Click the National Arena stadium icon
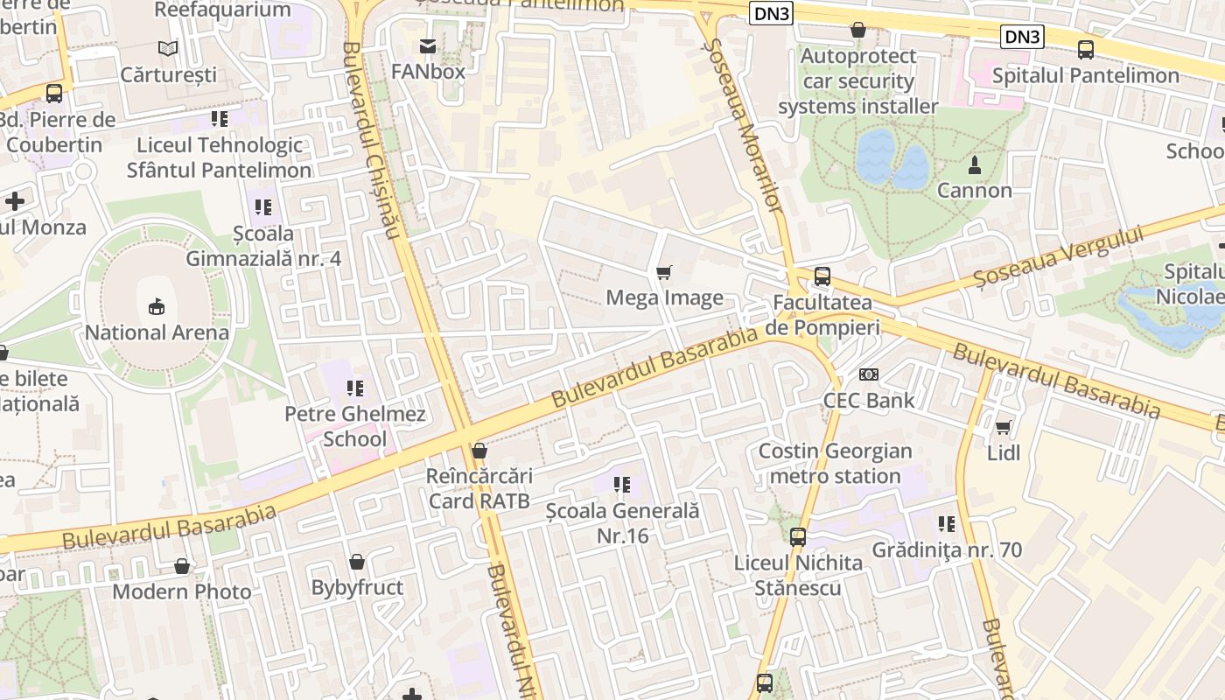(157, 306)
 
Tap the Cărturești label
(168, 74)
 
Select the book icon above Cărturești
(168, 49)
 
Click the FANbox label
(428, 71)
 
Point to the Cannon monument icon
(974, 164)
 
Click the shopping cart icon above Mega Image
(664, 272)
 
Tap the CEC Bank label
(868, 400)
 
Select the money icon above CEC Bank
(868, 374)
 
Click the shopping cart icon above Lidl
(1003, 428)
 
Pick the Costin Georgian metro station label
(835, 464)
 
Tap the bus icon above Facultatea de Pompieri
(822, 276)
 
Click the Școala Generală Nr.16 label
(622, 522)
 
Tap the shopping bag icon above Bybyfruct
(357, 562)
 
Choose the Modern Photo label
(182, 591)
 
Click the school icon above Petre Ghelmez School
(354, 388)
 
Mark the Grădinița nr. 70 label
(947, 550)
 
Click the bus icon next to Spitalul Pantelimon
(1086, 50)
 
